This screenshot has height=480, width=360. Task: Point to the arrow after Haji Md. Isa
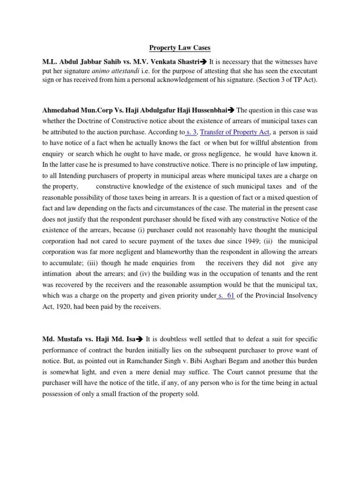point(140,339)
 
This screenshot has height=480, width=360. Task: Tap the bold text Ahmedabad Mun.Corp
point(75,111)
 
